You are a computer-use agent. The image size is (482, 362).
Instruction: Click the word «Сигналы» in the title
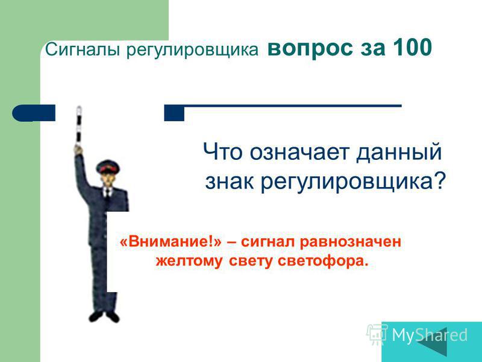point(83,49)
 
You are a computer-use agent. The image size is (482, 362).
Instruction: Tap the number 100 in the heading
point(412,48)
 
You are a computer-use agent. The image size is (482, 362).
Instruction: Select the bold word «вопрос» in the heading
point(310,49)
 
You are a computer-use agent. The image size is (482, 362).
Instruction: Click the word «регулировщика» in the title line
point(192,51)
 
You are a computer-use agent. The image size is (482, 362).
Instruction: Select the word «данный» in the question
point(399,152)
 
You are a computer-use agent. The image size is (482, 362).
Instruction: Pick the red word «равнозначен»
point(351,242)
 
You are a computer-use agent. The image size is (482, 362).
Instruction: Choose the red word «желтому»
point(189,261)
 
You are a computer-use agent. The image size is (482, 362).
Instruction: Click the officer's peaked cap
point(108,167)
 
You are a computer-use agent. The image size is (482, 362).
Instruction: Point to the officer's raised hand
point(79,149)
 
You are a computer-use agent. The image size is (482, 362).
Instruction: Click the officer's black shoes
point(104,316)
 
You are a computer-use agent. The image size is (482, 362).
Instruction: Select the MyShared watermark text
point(430,335)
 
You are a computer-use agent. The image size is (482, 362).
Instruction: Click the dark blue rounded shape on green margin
point(34,113)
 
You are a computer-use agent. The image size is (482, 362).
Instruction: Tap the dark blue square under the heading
point(174,113)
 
